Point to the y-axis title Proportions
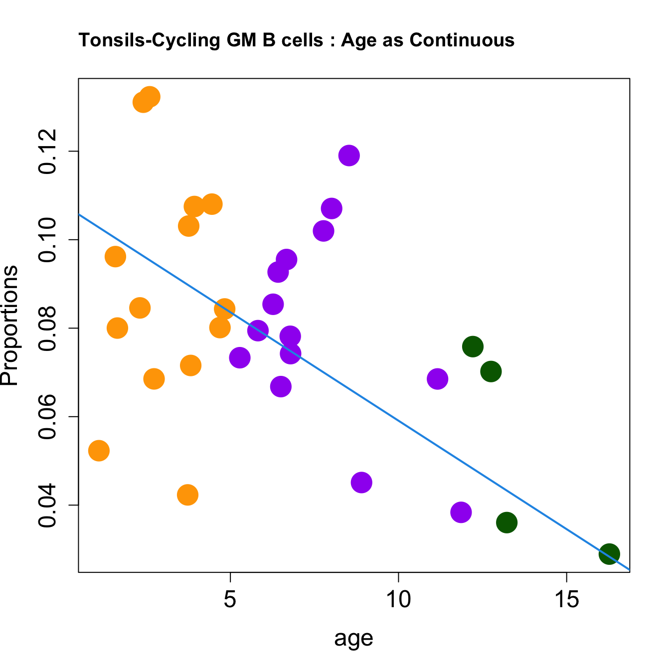click(x=10, y=325)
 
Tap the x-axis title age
click(x=353, y=638)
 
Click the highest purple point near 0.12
click(x=349, y=156)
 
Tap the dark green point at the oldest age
click(x=609, y=554)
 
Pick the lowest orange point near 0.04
click(x=187, y=495)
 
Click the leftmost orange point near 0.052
click(x=99, y=451)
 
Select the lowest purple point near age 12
click(x=461, y=512)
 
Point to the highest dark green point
click(x=473, y=346)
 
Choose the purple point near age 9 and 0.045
click(x=361, y=482)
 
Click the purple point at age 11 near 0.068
click(x=437, y=379)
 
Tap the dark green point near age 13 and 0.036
click(x=506, y=522)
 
